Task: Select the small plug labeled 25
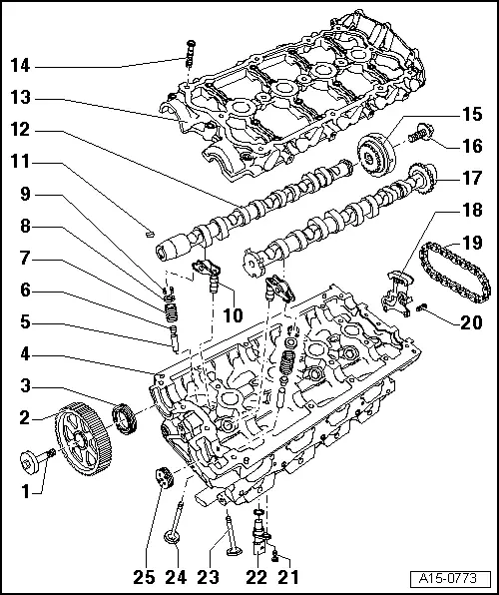160,477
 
